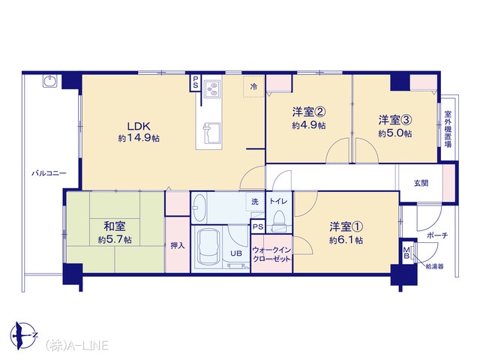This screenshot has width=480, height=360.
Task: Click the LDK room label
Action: click(x=138, y=126)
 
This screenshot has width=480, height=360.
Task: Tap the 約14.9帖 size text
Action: click(x=139, y=138)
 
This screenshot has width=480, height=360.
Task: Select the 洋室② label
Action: click(x=308, y=112)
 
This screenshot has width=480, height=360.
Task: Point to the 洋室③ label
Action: click(x=395, y=120)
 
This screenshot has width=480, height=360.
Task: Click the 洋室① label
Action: click(x=346, y=226)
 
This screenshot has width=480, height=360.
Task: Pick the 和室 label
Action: click(x=115, y=226)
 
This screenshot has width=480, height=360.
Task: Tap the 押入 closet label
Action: click(x=178, y=245)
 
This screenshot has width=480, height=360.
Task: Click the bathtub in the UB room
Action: click(x=209, y=247)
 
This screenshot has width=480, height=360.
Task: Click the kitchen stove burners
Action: click(x=211, y=88)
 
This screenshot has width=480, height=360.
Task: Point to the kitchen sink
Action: click(x=211, y=133)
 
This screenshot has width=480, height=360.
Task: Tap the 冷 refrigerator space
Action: click(x=253, y=87)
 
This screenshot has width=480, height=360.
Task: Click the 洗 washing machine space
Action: click(x=255, y=202)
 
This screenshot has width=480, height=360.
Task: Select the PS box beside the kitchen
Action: click(x=195, y=82)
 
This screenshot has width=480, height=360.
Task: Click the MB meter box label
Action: click(x=406, y=252)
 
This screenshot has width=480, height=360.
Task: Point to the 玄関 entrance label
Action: click(x=421, y=183)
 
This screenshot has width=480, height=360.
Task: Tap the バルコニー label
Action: click(x=49, y=173)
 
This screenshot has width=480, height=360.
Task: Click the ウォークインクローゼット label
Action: click(x=271, y=254)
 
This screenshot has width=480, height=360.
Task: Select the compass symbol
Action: click(x=23, y=336)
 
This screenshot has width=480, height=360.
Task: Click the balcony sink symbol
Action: click(x=49, y=82)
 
